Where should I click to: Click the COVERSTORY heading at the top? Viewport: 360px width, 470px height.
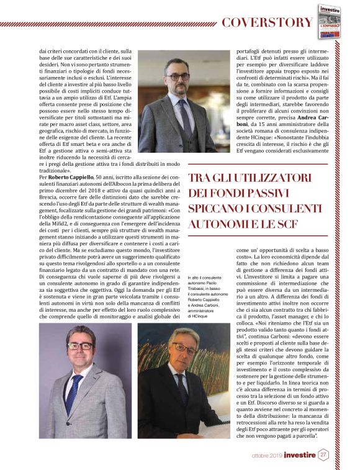click(268, 23)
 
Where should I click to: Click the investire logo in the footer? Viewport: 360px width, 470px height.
click(300, 455)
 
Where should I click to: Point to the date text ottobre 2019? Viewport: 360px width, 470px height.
click(266, 455)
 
